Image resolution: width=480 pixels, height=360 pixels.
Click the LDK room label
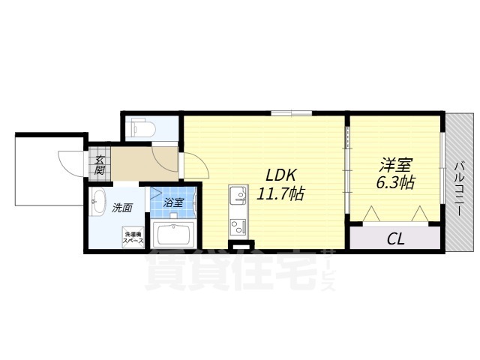coord(280,175)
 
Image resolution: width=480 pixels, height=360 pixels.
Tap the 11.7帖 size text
coord(280,193)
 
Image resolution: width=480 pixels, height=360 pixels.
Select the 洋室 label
coord(396,165)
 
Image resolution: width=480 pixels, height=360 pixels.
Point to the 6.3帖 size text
coord(395,183)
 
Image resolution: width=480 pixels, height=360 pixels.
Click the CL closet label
coord(396,238)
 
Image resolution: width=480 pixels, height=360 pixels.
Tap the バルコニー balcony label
coord(458,188)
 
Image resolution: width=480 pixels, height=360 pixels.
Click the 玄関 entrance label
coord(99,165)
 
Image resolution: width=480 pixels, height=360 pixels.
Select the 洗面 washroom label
coord(121,208)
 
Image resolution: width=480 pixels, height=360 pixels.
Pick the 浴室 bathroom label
coord(173,202)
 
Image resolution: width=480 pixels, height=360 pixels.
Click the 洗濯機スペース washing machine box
coord(133,237)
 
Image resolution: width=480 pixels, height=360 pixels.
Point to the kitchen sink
coord(238,196)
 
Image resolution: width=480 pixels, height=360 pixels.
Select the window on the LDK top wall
coord(292,113)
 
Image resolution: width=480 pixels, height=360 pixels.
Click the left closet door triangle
coord(372,214)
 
